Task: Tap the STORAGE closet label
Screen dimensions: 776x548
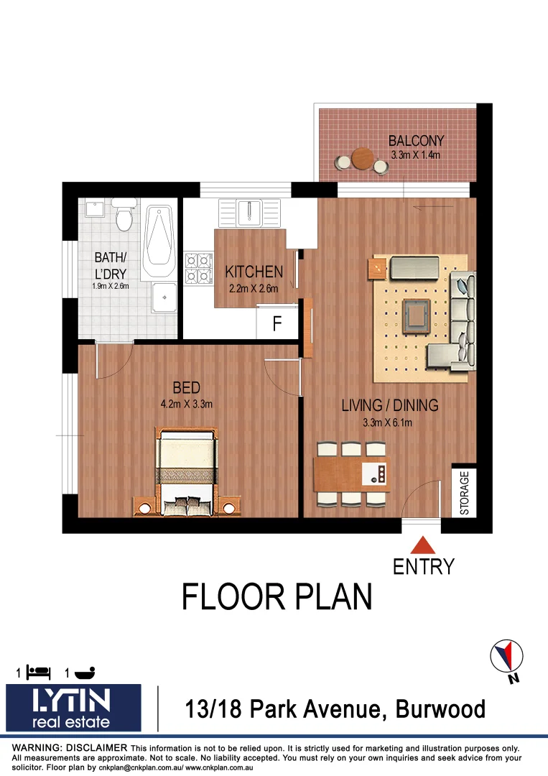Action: pos(464,493)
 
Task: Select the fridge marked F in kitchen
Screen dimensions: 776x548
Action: pos(277,325)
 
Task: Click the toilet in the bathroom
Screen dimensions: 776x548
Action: pos(126,213)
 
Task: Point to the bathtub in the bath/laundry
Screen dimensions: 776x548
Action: pos(159,242)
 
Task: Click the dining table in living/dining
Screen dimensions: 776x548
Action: pos(351,474)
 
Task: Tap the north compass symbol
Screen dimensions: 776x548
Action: pos(506,657)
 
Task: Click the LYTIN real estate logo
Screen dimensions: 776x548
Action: pos(73,708)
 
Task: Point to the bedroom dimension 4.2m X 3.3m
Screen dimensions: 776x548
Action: pos(187,404)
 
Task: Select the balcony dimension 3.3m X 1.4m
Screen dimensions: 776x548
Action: pos(416,154)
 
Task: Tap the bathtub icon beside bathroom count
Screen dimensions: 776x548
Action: pos(84,673)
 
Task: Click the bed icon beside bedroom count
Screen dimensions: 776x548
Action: pos(39,673)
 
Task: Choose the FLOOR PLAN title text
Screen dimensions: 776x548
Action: pos(277,597)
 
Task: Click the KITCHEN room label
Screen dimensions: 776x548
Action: pos(254,272)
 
